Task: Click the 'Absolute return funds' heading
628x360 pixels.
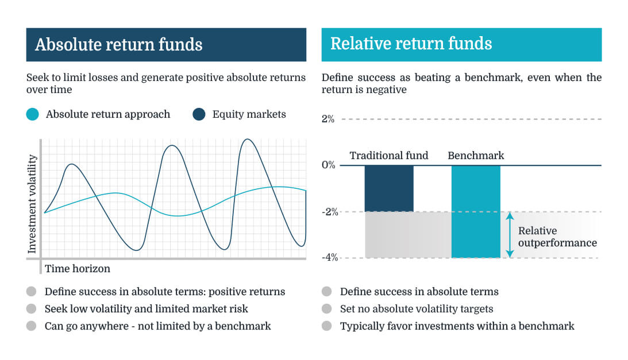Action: point(118,45)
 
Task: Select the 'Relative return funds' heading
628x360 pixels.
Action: point(411,44)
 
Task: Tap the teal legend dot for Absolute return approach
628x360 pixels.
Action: point(33,114)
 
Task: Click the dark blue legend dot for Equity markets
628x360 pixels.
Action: point(199,114)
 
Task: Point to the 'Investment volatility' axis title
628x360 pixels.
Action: point(33,204)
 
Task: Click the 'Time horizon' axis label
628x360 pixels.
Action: point(78,268)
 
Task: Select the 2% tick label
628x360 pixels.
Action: point(328,119)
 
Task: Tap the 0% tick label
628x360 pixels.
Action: point(328,165)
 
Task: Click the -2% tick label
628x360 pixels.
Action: point(329,212)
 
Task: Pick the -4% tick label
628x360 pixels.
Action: point(329,258)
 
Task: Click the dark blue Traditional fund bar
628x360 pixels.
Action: point(389,188)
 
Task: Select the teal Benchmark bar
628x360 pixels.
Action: point(476,211)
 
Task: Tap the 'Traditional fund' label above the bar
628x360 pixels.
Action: point(389,155)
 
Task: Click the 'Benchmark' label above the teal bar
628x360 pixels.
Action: point(476,155)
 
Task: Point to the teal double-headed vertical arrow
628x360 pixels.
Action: point(509,235)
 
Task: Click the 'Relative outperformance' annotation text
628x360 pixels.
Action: point(557,237)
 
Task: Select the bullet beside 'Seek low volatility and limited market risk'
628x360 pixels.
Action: point(33,309)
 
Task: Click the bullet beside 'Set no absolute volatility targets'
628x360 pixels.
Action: point(327,309)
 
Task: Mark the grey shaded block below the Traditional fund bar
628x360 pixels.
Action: point(389,235)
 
